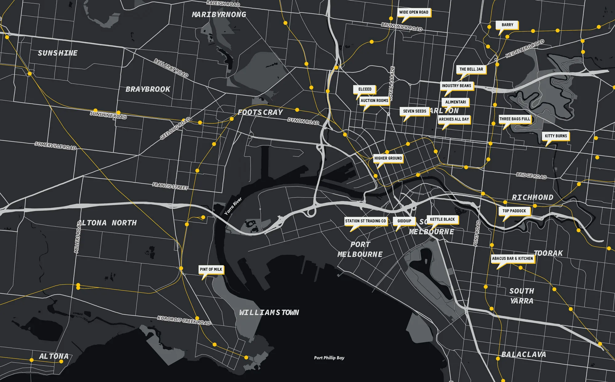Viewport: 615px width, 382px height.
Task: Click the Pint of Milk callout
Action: coord(211,270)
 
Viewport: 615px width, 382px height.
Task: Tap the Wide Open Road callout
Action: coord(414,13)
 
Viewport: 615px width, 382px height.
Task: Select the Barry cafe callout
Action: coord(507,25)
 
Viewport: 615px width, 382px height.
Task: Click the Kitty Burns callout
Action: coord(556,136)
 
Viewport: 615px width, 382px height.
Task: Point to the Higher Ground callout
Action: coord(388,158)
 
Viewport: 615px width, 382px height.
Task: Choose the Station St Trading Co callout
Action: coord(365,221)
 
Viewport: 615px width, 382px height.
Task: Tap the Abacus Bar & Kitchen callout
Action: coord(512,258)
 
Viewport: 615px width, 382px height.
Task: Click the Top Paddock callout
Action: coord(514,211)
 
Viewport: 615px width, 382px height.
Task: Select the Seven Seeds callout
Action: coord(415,111)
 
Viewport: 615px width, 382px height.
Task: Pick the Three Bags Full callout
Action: coord(515,119)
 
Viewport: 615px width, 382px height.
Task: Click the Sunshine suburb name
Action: coord(58,53)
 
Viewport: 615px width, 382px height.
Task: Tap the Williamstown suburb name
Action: coord(269,313)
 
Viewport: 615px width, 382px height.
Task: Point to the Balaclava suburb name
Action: coord(524,354)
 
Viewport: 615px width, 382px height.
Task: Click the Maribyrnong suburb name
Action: coord(219,14)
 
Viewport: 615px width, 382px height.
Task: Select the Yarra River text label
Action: coord(233,206)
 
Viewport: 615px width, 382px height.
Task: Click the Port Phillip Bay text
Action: coord(329,358)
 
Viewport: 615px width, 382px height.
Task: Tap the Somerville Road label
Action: coord(55,146)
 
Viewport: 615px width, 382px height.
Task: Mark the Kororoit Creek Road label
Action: coord(184,320)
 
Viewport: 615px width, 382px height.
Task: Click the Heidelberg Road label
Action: coord(525,49)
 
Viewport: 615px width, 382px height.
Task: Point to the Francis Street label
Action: coord(170,186)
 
